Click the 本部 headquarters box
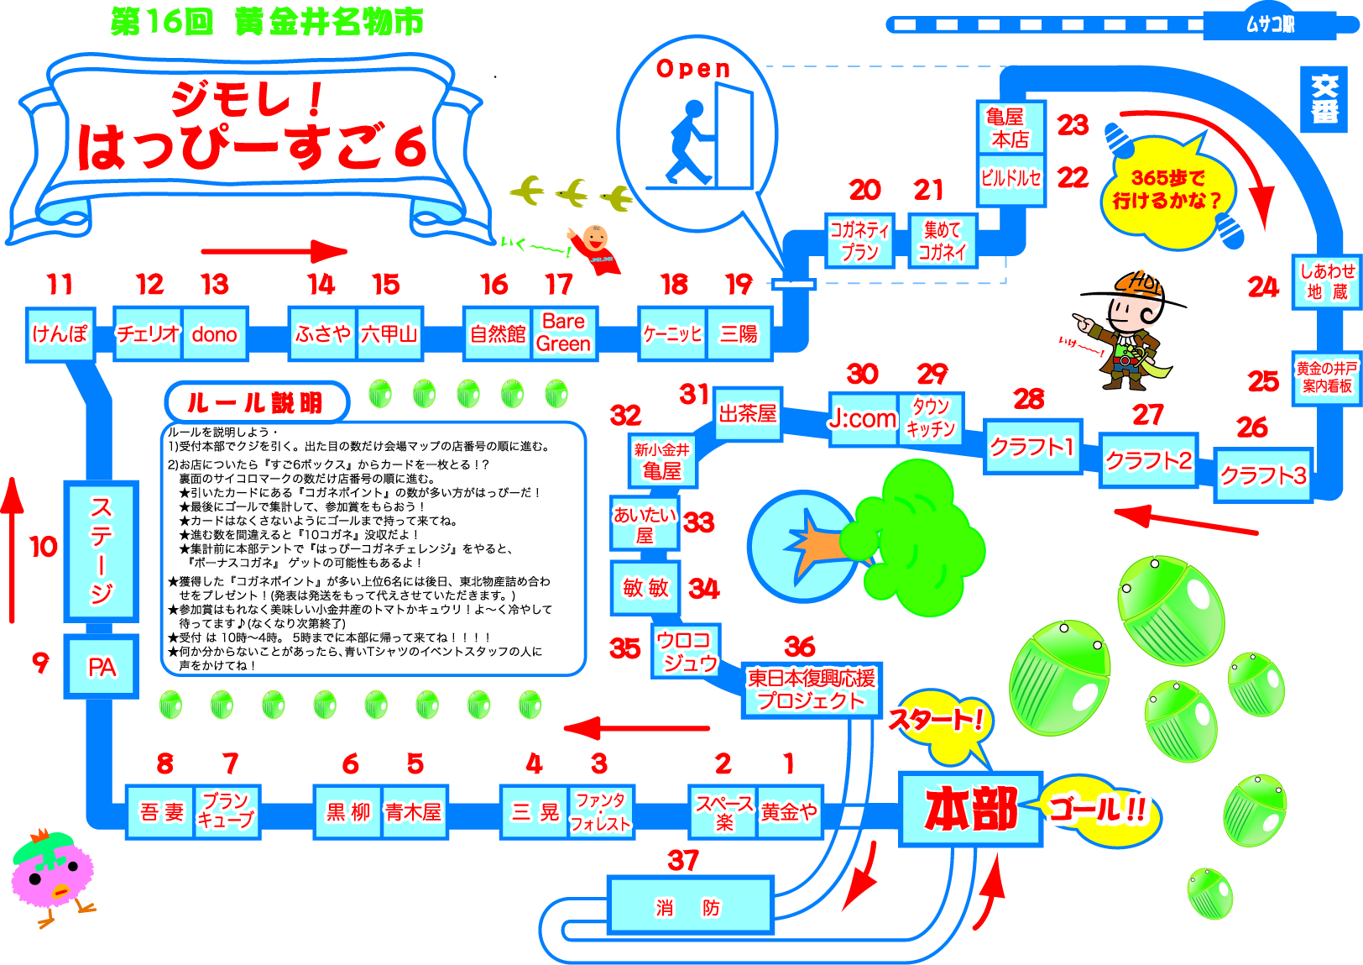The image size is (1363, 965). [x=971, y=809]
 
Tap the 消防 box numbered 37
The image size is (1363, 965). [x=689, y=905]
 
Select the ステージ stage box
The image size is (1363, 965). [x=102, y=550]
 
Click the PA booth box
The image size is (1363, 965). [x=102, y=667]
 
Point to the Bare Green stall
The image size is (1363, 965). [x=564, y=333]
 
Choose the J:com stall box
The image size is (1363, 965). [x=863, y=417]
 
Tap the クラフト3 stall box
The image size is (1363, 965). [x=1262, y=475]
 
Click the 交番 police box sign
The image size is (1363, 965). [x=1324, y=99]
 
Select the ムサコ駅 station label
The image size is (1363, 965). [x=1269, y=24]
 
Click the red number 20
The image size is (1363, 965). [x=864, y=190]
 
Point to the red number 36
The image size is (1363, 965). [x=799, y=647]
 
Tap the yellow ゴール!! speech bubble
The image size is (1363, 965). [x=1099, y=810]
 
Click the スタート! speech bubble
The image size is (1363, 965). [x=938, y=720]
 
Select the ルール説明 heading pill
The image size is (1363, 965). [x=256, y=403]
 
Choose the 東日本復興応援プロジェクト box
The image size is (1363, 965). [x=811, y=690]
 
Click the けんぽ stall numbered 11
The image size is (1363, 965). [x=60, y=333]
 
